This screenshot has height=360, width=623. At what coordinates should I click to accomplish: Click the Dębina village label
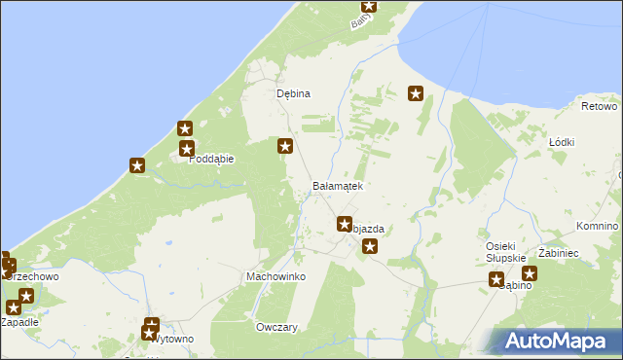point(293,93)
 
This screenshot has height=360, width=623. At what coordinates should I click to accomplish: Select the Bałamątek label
point(338,185)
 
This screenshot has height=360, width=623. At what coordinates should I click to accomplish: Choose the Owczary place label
point(276,327)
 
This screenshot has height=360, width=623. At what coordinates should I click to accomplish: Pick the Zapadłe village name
point(19,321)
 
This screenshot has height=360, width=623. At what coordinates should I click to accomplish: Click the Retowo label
point(600,105)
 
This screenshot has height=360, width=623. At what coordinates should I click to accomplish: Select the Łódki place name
point(562,142)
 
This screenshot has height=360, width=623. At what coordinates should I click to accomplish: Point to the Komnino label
point(597,226)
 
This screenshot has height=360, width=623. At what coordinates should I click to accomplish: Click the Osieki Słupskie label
point(506,251)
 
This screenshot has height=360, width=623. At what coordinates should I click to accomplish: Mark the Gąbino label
point(515,285)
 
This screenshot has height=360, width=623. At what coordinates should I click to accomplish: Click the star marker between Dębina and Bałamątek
point(285,147)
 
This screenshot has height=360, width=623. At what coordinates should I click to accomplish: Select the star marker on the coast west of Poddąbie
point(137,166)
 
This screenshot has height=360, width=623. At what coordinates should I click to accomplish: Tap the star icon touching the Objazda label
point(344,225)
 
